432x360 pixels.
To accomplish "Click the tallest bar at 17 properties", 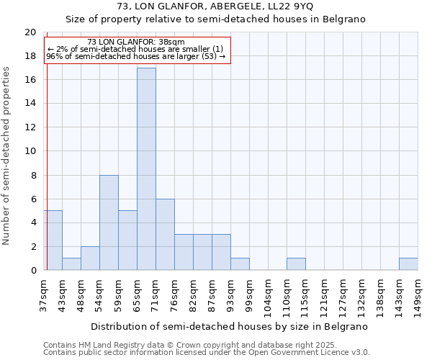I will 146,169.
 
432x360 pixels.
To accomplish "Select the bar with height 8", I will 109,222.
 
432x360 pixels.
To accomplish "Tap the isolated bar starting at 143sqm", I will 408,264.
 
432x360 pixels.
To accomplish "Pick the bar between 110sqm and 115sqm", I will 296,264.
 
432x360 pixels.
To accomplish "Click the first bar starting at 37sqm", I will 53,240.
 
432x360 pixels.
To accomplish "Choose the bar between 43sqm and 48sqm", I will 71,264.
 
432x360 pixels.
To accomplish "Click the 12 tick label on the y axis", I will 30,127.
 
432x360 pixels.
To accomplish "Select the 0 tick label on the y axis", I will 33,270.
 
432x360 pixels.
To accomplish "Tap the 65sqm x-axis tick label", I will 137,292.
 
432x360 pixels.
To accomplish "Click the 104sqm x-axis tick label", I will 268,293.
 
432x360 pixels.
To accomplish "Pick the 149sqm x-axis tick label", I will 418,293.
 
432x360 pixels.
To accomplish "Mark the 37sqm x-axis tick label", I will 43,292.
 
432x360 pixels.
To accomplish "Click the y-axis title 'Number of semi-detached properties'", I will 7,156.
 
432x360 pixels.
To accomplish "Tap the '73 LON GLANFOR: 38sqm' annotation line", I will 135,42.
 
